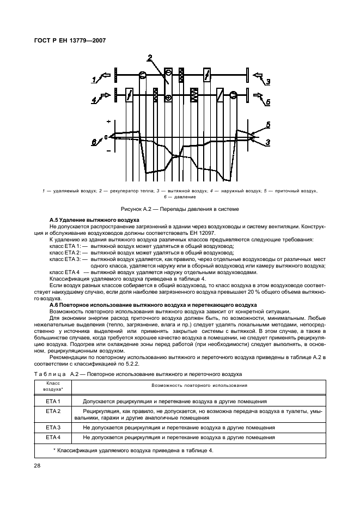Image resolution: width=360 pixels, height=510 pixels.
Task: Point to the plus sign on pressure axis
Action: click(108, 122)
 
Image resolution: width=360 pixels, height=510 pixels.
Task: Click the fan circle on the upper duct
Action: click(142, 75)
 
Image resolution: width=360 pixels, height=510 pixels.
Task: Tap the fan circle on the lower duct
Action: click(233, 95)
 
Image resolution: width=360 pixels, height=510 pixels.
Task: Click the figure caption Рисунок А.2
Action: click(180, 209)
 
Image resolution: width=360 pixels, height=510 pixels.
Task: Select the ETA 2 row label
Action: click(53, 411)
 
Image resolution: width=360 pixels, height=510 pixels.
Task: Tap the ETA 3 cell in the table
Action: click(53, 428)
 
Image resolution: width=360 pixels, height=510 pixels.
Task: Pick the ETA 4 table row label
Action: click(53, 437)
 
